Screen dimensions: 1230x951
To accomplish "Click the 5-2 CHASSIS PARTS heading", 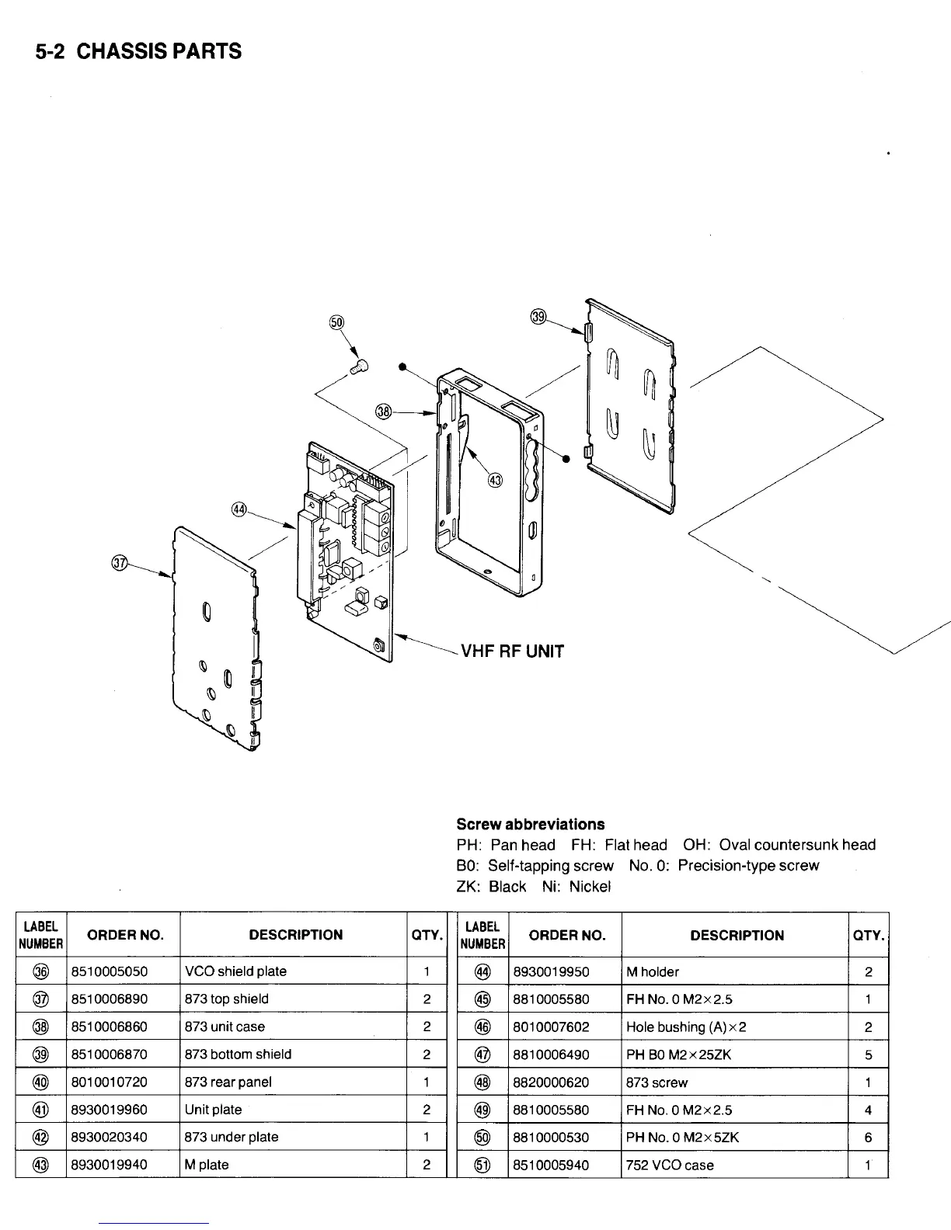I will click(x=138, y=51).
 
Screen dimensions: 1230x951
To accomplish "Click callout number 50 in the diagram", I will click(x=336, y=323).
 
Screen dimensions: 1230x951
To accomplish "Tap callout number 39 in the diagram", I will click(x=538, y=316).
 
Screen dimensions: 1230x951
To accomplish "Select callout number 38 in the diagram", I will click(x=383, y=411).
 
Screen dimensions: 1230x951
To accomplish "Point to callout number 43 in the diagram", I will click(x=495, y=478).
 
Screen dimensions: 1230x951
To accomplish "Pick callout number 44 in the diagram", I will click(x=239, y=509).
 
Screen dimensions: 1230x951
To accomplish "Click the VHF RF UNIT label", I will click(x=513, y=651).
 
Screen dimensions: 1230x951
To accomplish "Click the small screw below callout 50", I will click(x=360, y=366).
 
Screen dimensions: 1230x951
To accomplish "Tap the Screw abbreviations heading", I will click(x=530, y=824).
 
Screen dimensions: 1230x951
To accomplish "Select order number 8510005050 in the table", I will click(x=110, y=971).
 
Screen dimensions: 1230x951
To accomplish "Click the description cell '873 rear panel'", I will click(x=228, y=1082).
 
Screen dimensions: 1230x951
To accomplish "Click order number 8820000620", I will click(x=551, y=1082).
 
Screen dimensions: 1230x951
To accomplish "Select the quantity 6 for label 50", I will click(x=868, y=1138).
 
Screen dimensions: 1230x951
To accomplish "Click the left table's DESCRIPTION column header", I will click(x=295, y=935).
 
